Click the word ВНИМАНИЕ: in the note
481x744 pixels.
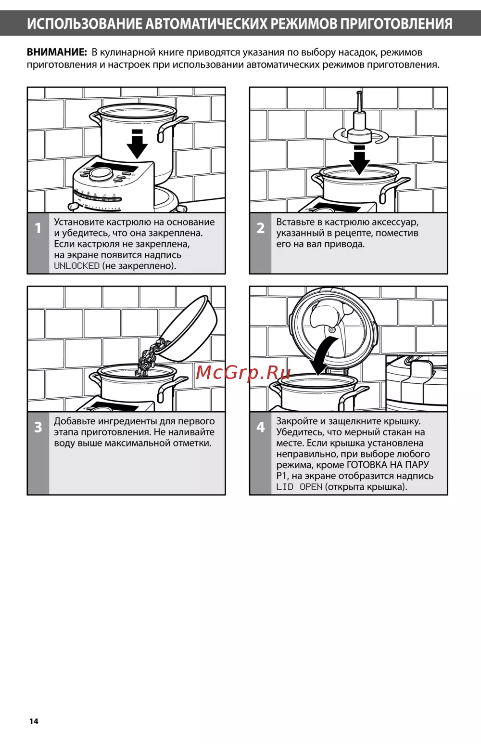(x=57, y=52)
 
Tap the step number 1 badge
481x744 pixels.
(x=38, y=228)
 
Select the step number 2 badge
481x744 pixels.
(x=260, y=228)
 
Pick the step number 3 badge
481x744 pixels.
(x=38, y=427)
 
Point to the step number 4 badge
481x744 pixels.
(x=260, y=427)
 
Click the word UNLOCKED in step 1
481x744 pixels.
(x=76, y=266)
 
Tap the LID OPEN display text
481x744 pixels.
(x=300, y=487)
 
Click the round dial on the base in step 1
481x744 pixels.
(x=99, y=173)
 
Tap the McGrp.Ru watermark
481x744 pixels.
(x=243, y=373)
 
